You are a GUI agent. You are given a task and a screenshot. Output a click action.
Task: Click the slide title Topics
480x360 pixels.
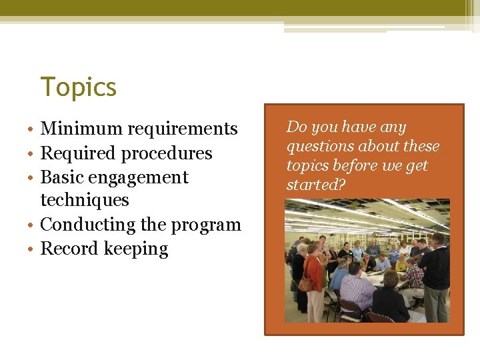pos(79,87)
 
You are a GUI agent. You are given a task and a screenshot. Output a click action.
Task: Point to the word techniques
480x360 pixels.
pos(85,200)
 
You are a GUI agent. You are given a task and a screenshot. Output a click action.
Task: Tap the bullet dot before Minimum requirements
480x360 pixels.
pos(32,129)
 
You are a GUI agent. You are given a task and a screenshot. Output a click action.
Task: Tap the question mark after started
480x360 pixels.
pos(342,185)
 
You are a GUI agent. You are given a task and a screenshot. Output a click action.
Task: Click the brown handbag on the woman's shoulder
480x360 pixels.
pos(305,283)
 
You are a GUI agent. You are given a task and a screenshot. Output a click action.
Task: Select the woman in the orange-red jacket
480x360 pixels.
pos(314,277)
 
